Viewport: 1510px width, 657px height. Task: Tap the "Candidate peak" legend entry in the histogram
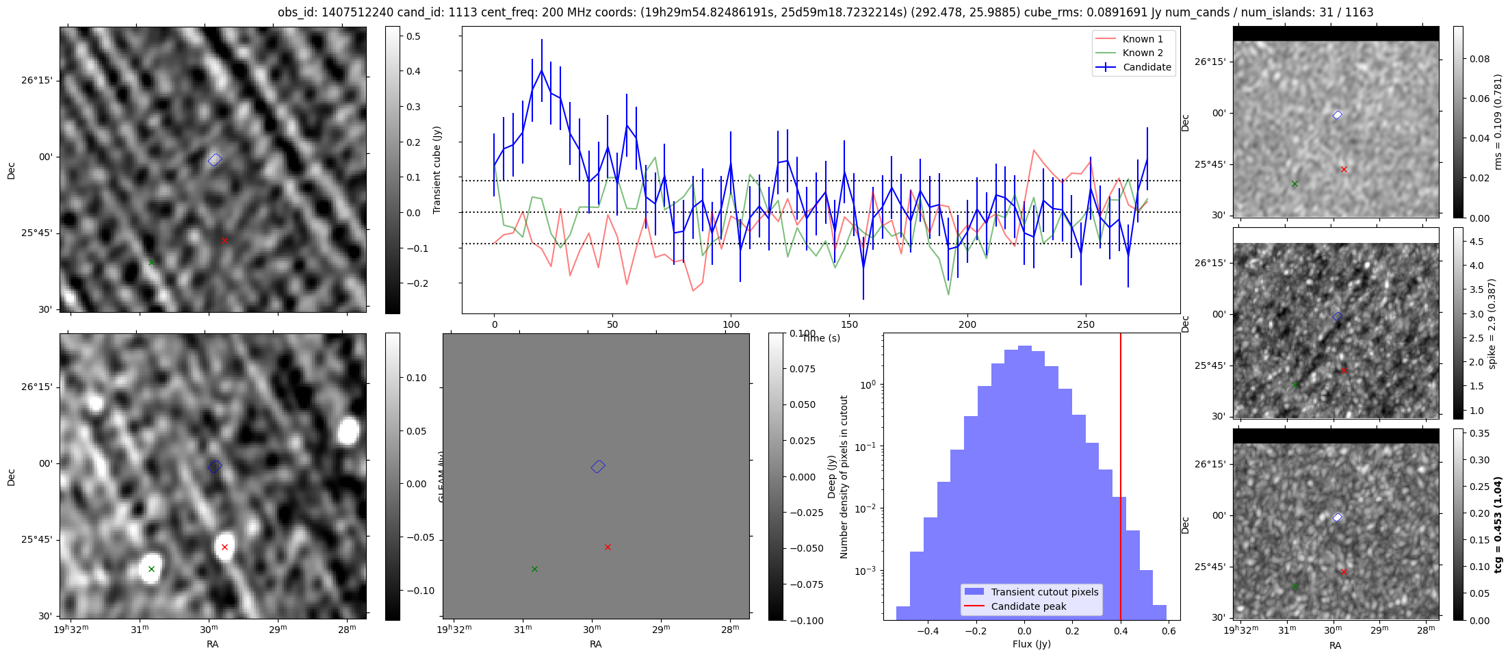[1028, 606]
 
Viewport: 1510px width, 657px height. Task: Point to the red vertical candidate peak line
[1121, 479]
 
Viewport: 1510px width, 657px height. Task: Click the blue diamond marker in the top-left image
[215, 160]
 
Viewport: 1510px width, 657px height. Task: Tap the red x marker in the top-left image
[224, 240]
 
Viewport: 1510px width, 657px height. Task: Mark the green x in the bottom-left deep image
[151, 569]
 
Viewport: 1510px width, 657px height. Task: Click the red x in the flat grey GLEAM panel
[608, 547]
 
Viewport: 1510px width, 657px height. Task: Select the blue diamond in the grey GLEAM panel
[598, 467]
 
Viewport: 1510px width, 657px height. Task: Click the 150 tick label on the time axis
[849, 324]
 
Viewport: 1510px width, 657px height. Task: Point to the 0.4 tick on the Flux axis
[1120, 631]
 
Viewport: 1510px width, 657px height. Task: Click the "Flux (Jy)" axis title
[1031, 644]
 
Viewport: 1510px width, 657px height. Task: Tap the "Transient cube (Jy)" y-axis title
[437, 170]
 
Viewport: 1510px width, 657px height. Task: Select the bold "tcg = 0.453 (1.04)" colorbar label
[1498, 525]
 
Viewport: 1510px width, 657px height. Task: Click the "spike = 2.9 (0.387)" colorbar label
[1492, 324]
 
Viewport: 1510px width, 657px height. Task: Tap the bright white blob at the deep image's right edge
[348, 432]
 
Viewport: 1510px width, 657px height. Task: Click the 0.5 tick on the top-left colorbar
[413, 36]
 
